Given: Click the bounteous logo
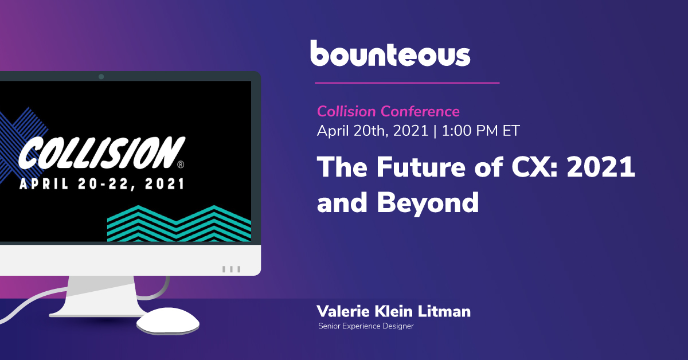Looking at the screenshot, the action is coord(390,53).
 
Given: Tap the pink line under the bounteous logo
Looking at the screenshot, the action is coord(407,83).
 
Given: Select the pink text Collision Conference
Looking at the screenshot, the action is coord(388,111).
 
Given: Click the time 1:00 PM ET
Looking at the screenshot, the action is coord(480,131).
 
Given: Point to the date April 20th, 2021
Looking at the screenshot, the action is coord(373,131).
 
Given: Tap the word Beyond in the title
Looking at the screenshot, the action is coord(428,203).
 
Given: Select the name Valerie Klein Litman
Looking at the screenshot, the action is coord(393,311).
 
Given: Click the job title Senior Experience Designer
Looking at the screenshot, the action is coord(366,326).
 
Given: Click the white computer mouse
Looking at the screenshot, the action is coord(168,321).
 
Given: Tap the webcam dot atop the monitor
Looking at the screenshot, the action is coord(101,76).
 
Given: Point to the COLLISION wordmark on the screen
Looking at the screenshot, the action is coord(102,152).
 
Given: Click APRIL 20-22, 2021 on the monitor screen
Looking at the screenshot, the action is coord(102,184).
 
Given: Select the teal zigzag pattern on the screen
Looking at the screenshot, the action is coord(179,224).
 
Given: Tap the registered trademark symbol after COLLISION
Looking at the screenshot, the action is coord(181,165).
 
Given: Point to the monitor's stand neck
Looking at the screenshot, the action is coord(101,295).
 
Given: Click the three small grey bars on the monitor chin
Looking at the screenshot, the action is coord(231,269).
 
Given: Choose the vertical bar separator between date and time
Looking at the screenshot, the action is coord(435,131).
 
